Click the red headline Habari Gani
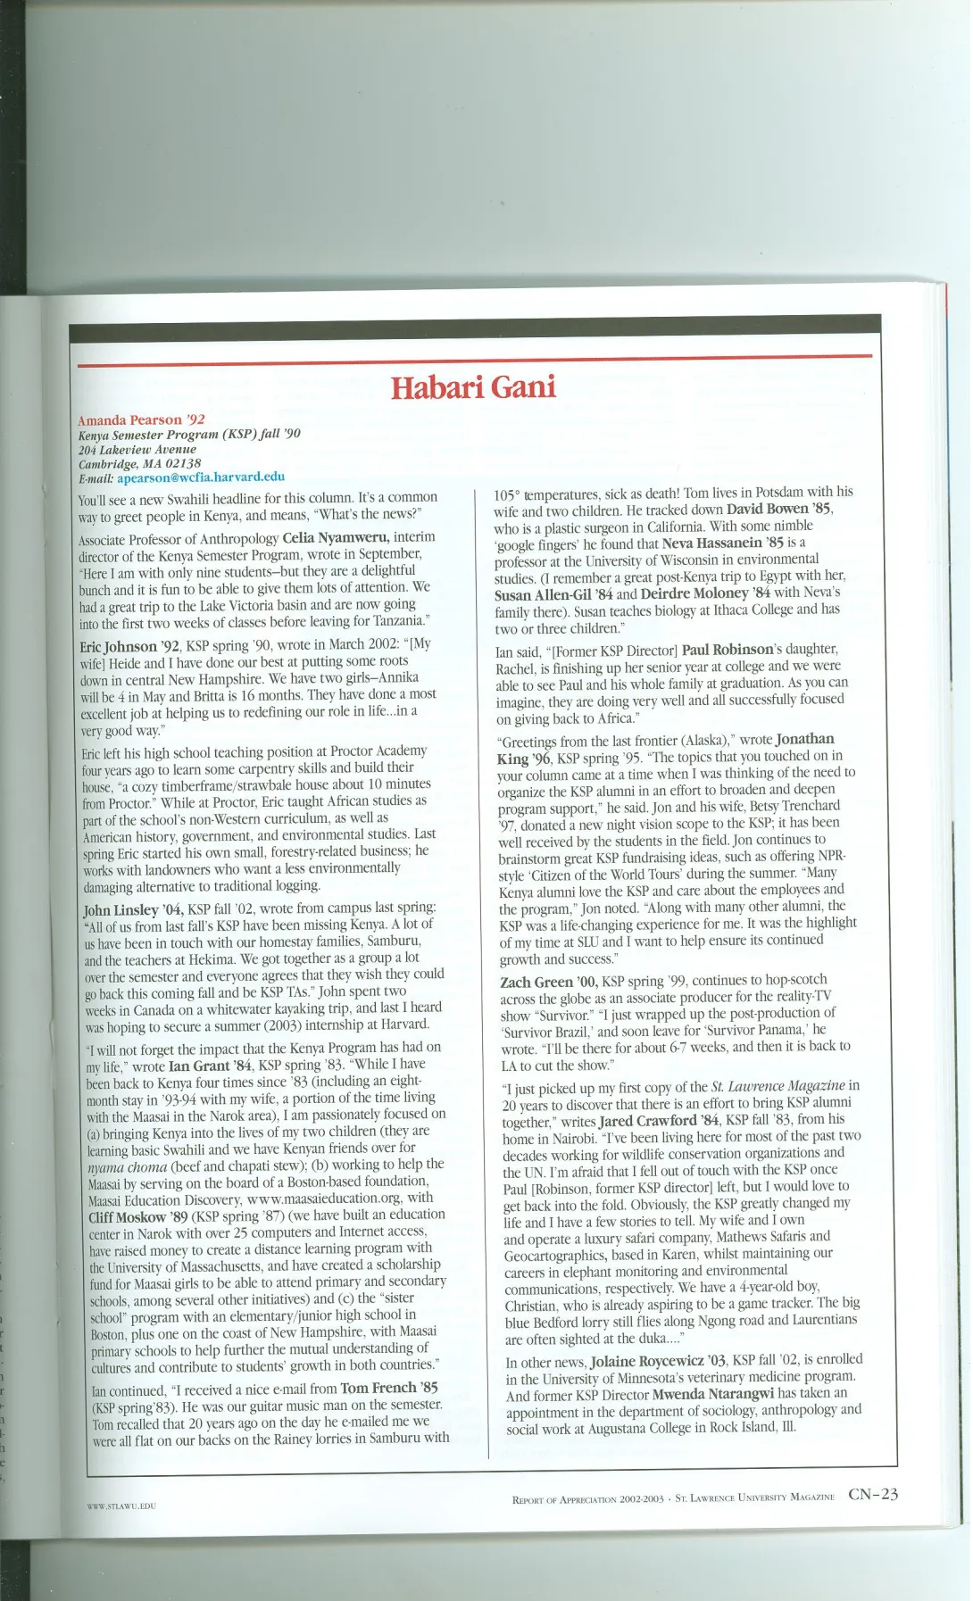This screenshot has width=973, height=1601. pos(473,387)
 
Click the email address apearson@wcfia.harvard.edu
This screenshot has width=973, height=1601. pos(201,477)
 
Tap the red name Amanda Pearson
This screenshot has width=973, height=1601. pos(130,419)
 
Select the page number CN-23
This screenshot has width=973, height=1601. pos(873,1495)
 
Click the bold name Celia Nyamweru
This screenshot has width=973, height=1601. pos(336,537)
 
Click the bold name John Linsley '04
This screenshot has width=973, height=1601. pos(133,909)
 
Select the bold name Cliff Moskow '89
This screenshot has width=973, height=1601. pos(140,1217)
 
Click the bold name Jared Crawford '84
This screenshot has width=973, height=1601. pos(660,1121)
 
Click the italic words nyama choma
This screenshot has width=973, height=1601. pos(128,1166)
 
